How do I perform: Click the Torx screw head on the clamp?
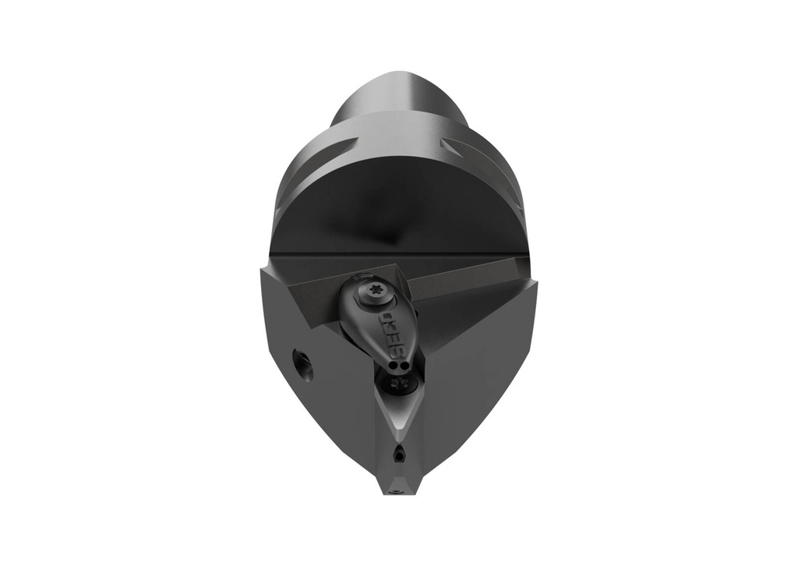[370, 295]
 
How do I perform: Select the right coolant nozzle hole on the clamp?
[403, 363]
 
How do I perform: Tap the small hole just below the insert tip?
[400, 454]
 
